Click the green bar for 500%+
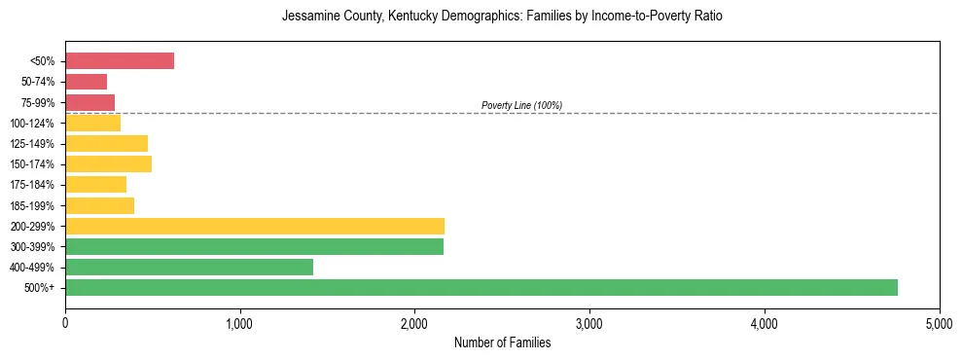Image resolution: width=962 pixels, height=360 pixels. (481, 287)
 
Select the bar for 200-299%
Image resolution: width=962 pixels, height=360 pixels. (255, 226)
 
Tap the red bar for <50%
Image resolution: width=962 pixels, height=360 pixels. (120, 61)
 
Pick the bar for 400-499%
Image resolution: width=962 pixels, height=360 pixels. (189, 267)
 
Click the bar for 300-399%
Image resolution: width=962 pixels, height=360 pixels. (254, 246)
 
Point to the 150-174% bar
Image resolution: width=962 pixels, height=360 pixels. (108, 163)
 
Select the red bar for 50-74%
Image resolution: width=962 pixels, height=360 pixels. (86, 82)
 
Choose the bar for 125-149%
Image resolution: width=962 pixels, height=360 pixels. (106, 143)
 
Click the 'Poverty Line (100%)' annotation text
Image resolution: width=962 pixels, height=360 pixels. (521, 105)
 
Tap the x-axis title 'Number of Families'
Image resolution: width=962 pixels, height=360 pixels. (502, 342)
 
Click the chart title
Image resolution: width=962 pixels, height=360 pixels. (502, 18)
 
